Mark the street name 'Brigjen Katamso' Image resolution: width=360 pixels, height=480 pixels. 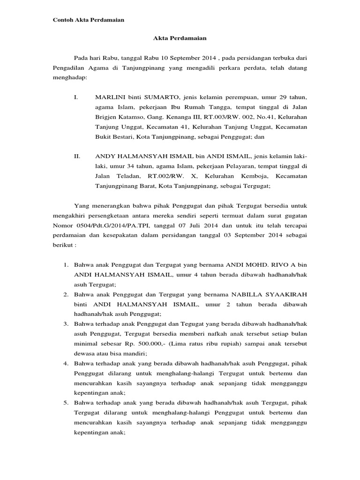[x=116, y=116]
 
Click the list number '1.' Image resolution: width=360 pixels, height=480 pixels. [x=66, y=265]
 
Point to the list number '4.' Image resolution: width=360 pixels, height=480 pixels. [x=66, y=363]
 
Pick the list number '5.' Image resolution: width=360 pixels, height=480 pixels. [x=66, y=402]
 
